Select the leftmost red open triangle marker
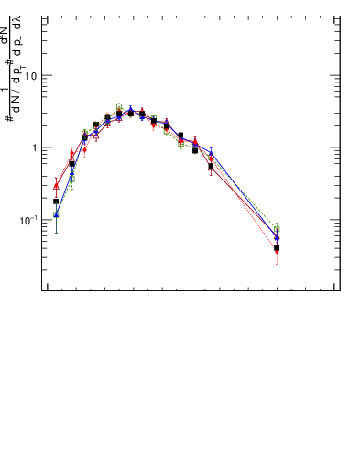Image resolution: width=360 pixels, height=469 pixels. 56,186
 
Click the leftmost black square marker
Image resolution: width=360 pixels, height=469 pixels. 56,202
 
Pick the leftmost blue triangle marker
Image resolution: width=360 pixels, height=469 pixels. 56,214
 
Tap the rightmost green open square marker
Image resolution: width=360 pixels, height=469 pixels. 277,229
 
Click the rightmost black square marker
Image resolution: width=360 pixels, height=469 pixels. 277,248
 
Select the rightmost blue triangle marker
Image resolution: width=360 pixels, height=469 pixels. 277,237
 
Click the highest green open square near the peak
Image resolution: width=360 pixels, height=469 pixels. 119,106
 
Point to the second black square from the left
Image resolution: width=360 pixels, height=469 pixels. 71,164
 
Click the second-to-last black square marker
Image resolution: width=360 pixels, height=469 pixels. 211,167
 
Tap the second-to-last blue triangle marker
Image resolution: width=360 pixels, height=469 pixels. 211,153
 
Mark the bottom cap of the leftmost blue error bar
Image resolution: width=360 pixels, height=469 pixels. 56,233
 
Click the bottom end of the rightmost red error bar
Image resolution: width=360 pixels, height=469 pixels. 277,265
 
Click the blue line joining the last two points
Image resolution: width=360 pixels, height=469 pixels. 244,195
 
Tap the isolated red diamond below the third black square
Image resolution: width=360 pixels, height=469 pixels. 84,149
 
